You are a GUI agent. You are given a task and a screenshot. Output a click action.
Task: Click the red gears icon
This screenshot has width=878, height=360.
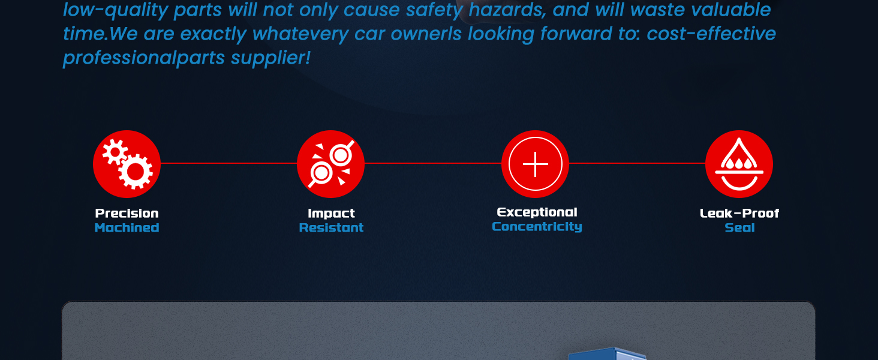point(127,164)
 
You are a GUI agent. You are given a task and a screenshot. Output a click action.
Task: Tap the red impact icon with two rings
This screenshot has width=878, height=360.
point(331,164)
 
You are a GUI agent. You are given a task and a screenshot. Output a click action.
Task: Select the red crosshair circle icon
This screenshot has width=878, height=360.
point(535,164)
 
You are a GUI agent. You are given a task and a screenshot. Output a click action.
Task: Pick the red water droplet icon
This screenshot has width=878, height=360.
point(739,164)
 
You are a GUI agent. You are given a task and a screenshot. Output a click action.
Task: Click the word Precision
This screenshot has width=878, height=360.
point(127,214)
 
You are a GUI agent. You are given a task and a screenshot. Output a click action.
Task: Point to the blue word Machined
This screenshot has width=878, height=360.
point(127,228)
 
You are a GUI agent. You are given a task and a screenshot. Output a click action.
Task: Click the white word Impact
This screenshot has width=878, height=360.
point(331,214)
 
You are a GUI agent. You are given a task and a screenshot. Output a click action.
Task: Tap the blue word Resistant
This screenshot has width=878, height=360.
point(331,228)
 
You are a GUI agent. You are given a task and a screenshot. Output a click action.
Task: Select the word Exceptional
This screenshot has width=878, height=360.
point(537,212)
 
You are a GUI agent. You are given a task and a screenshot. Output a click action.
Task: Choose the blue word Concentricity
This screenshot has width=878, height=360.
point(537,227)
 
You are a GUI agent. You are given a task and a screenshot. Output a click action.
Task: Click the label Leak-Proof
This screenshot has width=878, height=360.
point(739,214)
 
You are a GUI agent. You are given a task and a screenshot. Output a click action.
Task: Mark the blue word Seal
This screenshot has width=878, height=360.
point(739,228)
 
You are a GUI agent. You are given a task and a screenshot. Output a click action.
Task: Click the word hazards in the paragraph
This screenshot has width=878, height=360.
point(507,10)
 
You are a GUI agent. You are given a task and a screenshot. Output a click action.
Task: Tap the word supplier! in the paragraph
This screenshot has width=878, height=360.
point(270,58)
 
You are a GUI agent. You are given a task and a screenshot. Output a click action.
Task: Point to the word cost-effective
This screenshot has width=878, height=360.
point(711,34)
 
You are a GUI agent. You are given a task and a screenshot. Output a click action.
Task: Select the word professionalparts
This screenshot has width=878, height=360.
point(144,58)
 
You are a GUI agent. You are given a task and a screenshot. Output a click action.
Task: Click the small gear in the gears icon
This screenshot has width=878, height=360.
point(115,152)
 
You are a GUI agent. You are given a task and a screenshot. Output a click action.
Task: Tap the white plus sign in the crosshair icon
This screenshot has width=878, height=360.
point(536,164)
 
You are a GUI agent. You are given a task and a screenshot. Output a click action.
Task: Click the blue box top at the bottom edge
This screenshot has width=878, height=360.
point(607,354)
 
